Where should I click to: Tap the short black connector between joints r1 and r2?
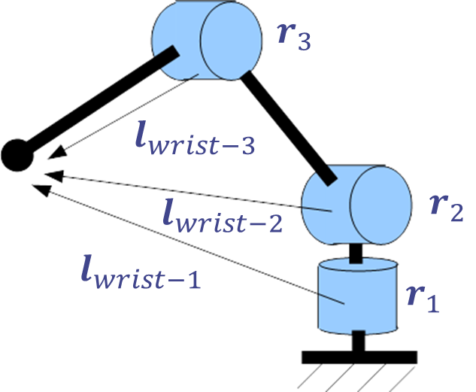pyautogui.click(x=356, y=254)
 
